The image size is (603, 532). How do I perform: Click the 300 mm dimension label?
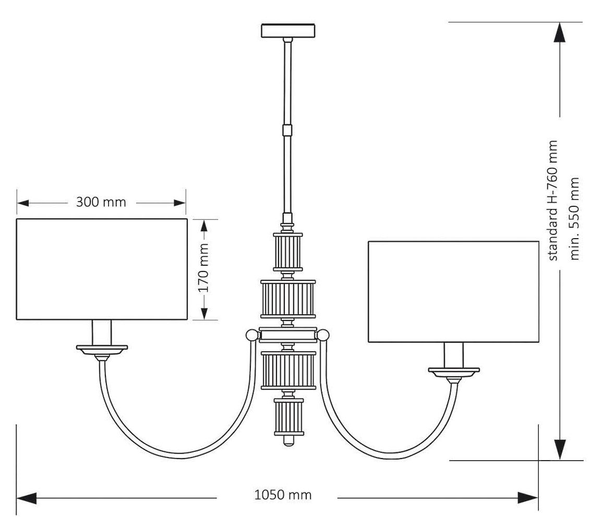pos(101,202)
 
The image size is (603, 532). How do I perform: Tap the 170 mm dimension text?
pos(203,268)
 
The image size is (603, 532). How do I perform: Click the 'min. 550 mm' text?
pos(575,218)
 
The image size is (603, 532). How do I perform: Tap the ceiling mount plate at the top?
pos(287,30)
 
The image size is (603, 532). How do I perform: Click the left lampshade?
pos(102,269)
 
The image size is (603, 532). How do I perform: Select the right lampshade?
pos(453,291)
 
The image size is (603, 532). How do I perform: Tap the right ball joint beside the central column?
pos(324,334)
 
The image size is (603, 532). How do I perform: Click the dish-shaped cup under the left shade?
pos(102,348)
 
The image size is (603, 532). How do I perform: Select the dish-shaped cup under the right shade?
pos(453,372)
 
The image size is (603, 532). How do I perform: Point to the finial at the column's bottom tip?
pos(288,442)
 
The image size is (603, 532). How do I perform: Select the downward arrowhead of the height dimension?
pos(559,448)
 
